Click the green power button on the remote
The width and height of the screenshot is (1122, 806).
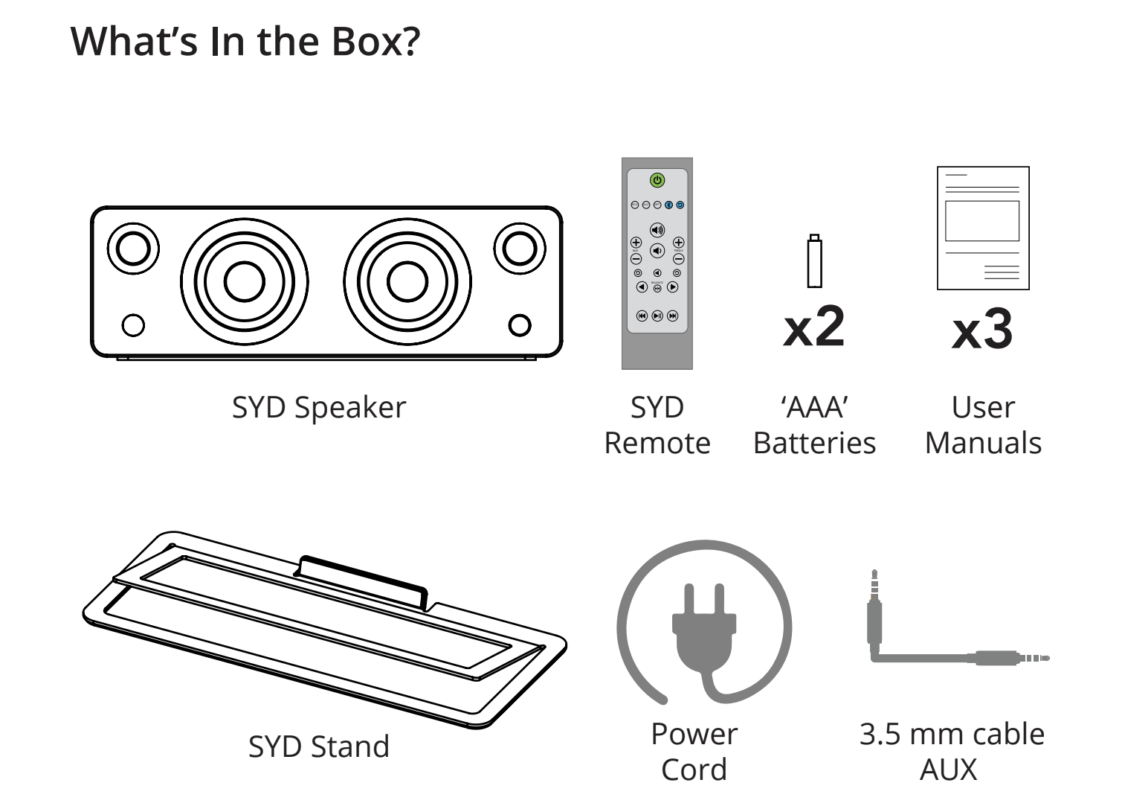(x=657, y=180)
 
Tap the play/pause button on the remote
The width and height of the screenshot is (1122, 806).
(x=657, y=316)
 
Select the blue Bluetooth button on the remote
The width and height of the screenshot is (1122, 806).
(x=668, y=205)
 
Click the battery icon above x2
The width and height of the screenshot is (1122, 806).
(x=814, y=260)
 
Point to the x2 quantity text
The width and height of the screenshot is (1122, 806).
(x=814, y=327)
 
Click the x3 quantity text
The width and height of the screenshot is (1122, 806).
(x=982, y=330)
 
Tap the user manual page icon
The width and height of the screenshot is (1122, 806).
(x=983, y=228)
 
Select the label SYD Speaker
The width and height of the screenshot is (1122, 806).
(x=318, y=407)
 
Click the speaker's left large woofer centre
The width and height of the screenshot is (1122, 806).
(x=245, y=282)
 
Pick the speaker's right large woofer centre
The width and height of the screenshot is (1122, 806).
(x=407, y=282)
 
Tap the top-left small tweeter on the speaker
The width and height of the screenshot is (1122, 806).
(x=133, y=249)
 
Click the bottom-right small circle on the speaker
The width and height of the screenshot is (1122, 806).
(x=520, y=325)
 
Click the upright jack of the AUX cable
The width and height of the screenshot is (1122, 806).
(x=874, y=609)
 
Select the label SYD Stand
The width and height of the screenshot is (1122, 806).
(x=318, y=746)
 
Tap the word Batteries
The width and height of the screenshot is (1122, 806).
(x=814, y=443)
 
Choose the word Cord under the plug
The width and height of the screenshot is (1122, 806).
(x=694, y=770)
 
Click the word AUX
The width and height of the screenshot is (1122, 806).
(x=949, y=770)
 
